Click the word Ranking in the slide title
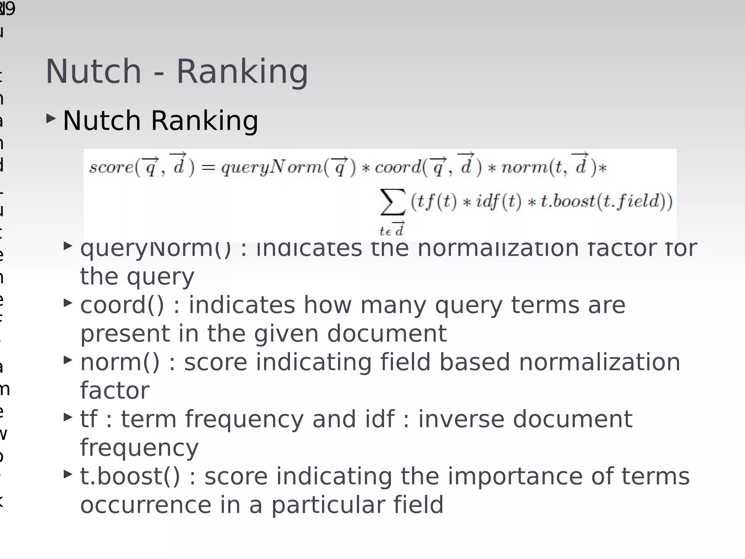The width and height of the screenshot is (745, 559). (x=242, y=72)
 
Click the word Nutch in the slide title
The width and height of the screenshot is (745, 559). (x=93, y=72)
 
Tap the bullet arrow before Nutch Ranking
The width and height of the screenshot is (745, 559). (x=51, y=118)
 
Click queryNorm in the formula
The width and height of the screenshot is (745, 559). (x=271, y=168)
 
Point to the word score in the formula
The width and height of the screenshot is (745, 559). (x=111, y=167)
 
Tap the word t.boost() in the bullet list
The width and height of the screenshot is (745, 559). (x=130, y=476)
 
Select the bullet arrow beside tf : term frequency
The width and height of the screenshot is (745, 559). (x=68, y=417)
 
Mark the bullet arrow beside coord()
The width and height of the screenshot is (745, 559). (x=68, y=303)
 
